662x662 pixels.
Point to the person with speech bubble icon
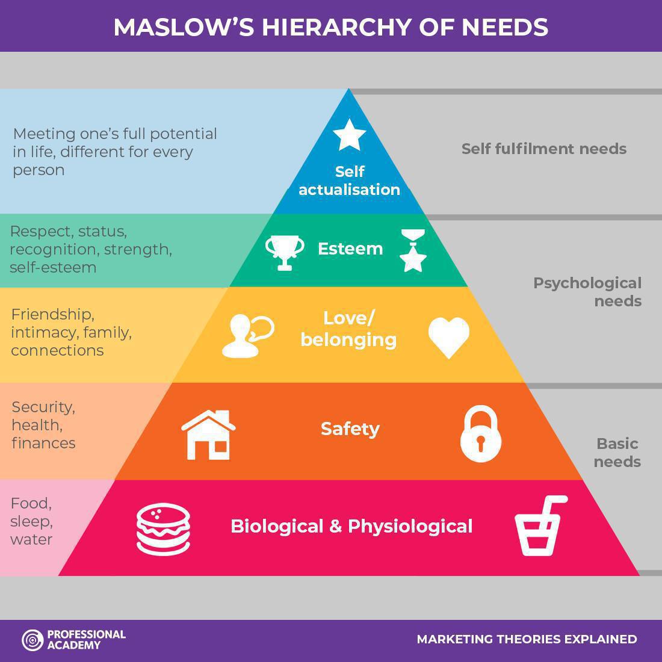[x=247, y=336]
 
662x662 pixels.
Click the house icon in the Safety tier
[x=209, y=435]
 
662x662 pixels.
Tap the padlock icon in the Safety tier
[x=480, y=434]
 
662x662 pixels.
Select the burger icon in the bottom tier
[x=163, y=528]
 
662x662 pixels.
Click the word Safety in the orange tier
[x=350, y=429]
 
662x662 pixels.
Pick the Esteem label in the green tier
[x=350, y=249]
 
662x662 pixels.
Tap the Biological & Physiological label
[x=351, y=527]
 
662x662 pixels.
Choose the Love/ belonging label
[x=349, y=329]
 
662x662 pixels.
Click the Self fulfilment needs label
[x=543, y=149]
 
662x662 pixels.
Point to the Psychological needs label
[x=587, y=292]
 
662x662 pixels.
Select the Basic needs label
[x=617, y=453]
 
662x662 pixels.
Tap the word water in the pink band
[x=31, y=539]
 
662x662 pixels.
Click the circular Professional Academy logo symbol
[x=32, y=640]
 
